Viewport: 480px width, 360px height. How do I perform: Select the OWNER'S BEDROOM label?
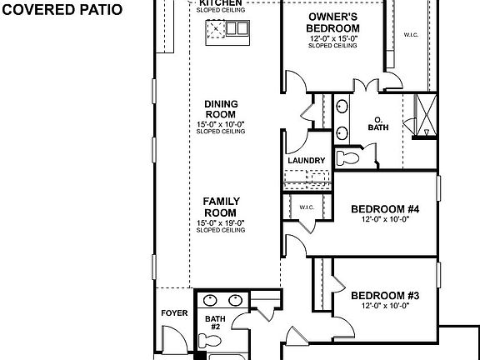click(332, 22)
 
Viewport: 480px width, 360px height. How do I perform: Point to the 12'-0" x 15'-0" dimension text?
click(332, 37)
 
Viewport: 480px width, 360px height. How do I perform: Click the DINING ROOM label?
click(221, 109)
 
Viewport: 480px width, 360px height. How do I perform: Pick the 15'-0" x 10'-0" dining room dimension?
click(221, 124)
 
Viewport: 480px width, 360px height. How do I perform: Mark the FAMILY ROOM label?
click(221, 207)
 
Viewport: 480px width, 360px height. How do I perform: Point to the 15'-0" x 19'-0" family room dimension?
click(221, 222)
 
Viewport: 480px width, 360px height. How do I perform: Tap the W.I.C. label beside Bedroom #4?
click(306, 207)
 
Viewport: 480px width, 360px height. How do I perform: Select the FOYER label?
click(174, 314)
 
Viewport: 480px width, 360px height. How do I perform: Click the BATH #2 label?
click(214, 322)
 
